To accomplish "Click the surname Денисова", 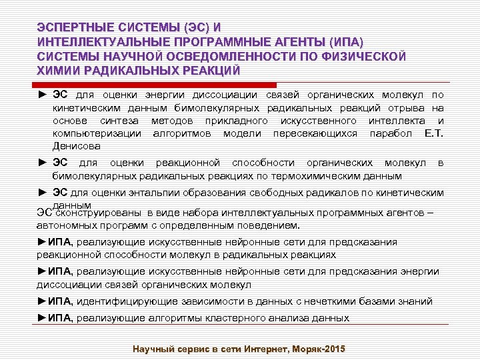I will [77, 145].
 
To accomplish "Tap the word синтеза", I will [120, 120].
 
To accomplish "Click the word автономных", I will [66, 225].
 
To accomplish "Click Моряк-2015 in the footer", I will [317, 349].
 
